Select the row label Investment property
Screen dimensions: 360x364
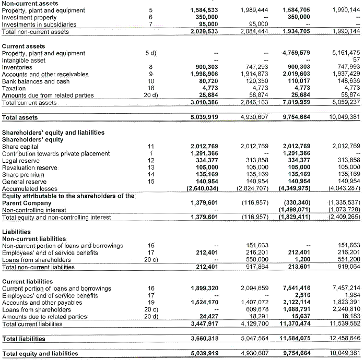click(29, 17)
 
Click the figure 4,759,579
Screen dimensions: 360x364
click(296, 53)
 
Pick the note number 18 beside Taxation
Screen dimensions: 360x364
click(150, 88)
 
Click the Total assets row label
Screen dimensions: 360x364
click(20, 117)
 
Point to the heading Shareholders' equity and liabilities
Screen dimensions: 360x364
click(53, 133)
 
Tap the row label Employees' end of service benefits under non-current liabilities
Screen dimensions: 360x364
click(50, 253)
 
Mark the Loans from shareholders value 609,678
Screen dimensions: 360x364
click(255, 309)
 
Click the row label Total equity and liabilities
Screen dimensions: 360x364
click(40, 353)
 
